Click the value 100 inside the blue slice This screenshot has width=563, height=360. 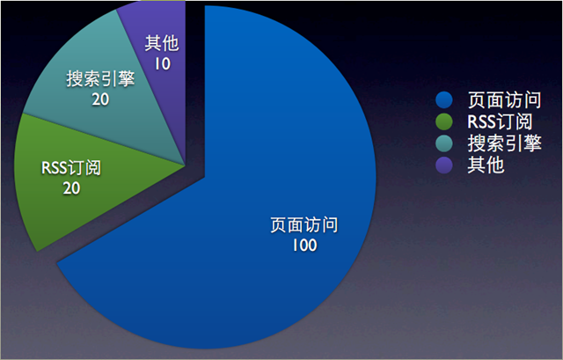click(304, 246)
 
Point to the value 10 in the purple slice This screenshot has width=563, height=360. click(162, 64)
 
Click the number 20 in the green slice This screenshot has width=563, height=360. click(71, 188)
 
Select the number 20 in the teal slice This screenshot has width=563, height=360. click(100, 99)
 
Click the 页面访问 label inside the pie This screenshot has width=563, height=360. click(304, 225)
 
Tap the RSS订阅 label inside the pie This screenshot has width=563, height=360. click(71, 168)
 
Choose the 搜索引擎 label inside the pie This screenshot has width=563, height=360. click(100, 78)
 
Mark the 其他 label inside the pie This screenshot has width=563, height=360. click(162, 43)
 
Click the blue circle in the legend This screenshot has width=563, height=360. click(444, 99)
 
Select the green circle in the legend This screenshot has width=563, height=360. click(444, 121)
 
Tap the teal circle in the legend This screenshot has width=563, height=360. click(444, 143)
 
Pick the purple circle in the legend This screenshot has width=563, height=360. click(444, 165)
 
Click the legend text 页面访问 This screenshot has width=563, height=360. click(504, 99)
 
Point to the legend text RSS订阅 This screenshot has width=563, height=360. click(500, 121)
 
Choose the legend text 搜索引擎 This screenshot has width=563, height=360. click(504, 143)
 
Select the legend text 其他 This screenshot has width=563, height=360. click(486, 165)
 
